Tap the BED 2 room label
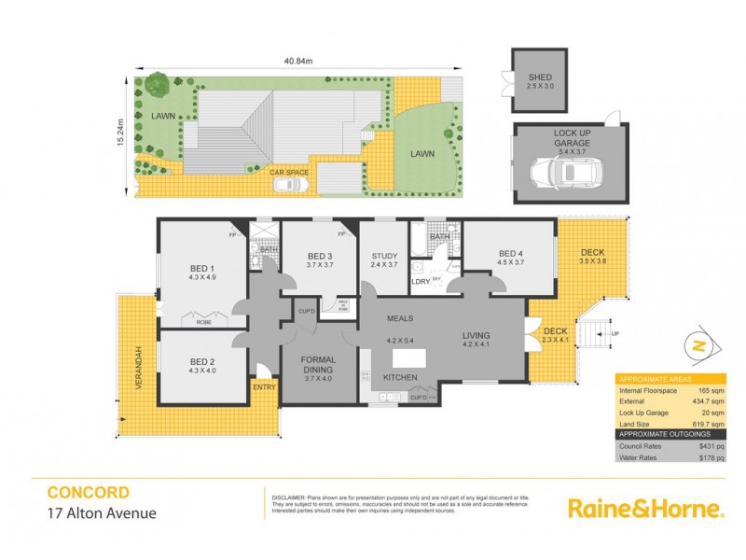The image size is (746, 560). [x=201, y=360]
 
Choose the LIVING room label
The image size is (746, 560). [x=476, y=336]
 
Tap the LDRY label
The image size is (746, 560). [x=420, y=281]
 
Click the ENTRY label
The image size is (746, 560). [x=264, y=385]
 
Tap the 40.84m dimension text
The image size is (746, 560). [x=297, y=63]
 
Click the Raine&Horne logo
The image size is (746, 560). [x=645, y=508]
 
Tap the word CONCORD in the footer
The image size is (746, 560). [x=89, y=492]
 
